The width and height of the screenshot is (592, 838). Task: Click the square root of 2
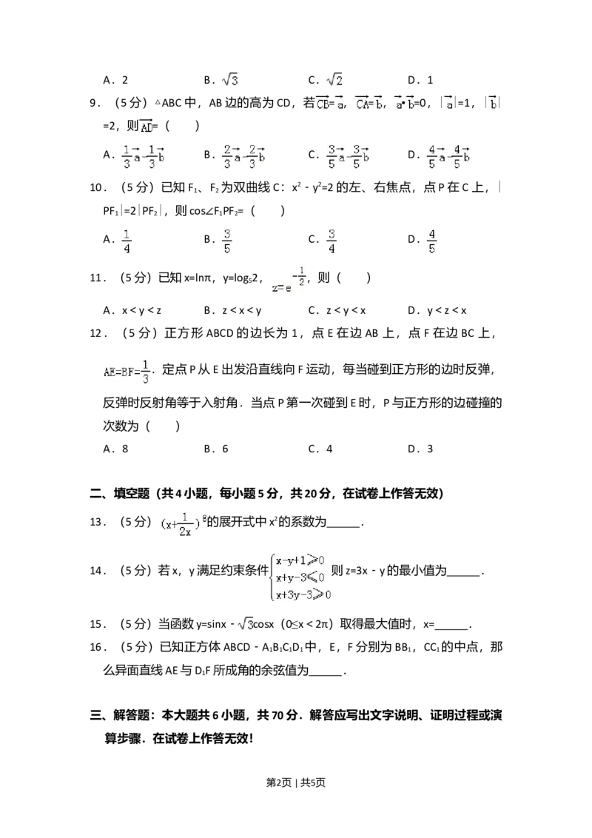[334, 80]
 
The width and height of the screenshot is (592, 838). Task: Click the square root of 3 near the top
[230, 80]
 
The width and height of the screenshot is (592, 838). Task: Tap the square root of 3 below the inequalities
[246, 625]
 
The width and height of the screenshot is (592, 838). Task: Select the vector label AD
[145, 126]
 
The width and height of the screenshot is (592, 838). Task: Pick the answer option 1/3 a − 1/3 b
[142, 157]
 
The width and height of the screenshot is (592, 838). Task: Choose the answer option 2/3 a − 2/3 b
[243, 157]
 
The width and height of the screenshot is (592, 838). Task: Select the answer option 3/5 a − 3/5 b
[349, 157]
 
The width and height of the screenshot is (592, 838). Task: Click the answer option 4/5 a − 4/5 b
[450, 157]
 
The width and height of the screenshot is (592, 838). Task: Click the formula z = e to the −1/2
[287, 279]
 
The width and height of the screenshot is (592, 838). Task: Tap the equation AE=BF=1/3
[127, 370]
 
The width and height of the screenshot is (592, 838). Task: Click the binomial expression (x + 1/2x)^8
[183, 523]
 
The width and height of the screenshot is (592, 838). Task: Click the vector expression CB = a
[329, 104]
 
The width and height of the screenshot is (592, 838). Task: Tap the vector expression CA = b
[367, 104]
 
